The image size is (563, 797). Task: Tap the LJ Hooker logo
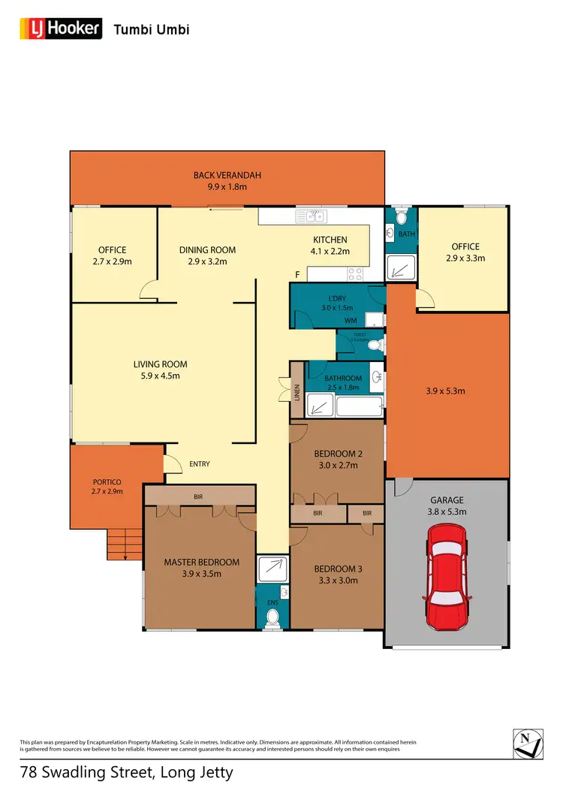[x=61, y=29]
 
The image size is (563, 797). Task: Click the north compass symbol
[x=528, y=743]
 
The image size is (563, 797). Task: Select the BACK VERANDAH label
[x=227, y=175]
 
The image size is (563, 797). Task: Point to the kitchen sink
[x=309, y=217]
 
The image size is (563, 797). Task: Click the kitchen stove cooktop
[x=354, y=273]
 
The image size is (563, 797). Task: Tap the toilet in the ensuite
[x=272, y=618]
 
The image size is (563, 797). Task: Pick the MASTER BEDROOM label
[x=201, y=562]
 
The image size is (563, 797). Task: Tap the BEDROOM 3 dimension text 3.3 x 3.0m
[x=336, y=580]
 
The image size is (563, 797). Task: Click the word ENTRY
[x=199, y=464]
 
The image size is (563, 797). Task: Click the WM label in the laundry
[x=350, y=321]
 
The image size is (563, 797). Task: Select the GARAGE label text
[x=447, y=500]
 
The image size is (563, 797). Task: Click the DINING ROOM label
[x=207, y=250]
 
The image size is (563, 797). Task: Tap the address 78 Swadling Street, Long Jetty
[x=126, y=771]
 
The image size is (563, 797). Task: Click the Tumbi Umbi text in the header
[x=151, y=30]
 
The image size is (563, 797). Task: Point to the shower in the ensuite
[x=272, y=569]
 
